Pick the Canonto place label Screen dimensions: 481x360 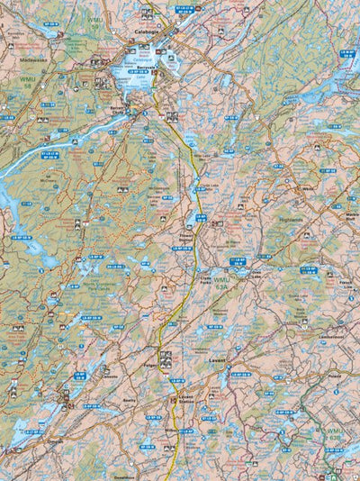pos(109,377)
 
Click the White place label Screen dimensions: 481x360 pos(309,190)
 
